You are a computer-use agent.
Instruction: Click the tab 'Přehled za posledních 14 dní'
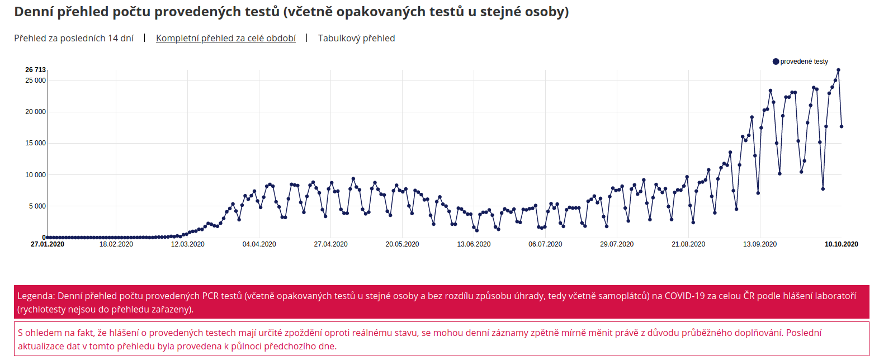pyautogui.click(x=74, y=38)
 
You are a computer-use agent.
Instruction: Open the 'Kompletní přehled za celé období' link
pyautogui.click(x=226, y=38)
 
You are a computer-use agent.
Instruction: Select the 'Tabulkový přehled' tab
pyautogui.click(x=356, y=38)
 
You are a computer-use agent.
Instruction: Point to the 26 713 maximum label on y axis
pyautogui.click(x=35, y=70)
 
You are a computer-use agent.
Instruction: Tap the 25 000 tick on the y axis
pyautogui.click(x=35, y=80)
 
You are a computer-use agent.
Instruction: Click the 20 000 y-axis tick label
pyautogui.click(x=35, y=112)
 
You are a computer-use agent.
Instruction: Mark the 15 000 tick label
pyautogui.click(x=35, y=143)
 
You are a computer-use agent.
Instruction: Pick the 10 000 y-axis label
pyautogui.click(x=35, y=175)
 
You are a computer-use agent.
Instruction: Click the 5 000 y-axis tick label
pyautogui.click(x=37, y=206)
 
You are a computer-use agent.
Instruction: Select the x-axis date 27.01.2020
pyautogui.click(x=48, y=244)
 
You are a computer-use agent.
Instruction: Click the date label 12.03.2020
pyautogui.click(x=187, y=244)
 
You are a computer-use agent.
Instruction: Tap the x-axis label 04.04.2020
pyautogui.click(x=259, y=244)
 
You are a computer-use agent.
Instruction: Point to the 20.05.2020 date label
pyautogui.click(x=402, y=244)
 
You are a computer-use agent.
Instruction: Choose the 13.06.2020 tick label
pyautogui.click(x=474, y=244)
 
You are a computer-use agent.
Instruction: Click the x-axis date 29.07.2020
pyautogui.click(x=617, y=244)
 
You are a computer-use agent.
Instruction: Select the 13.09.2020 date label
pyautogui.click(x=760, y=244)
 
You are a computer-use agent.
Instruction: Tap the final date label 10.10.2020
pyautogui.click(x=841, y=244)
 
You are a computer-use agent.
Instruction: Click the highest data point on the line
pyautogui.click(x=838, y=70)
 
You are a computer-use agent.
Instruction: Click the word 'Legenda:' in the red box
pyautogui.click(x=36, y=296)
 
